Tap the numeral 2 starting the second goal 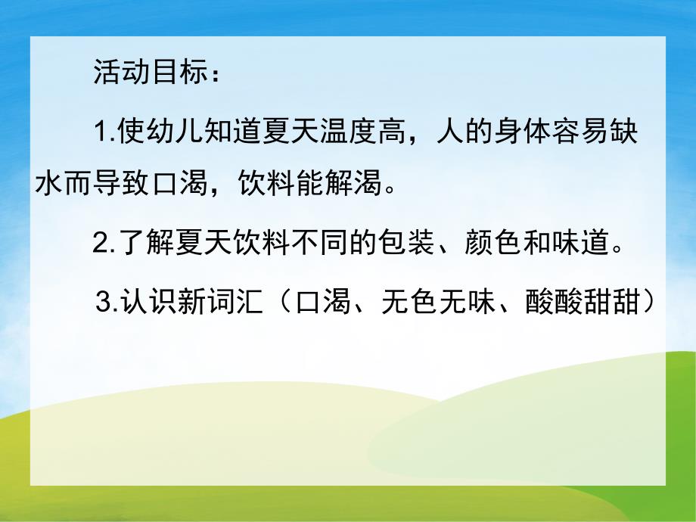(99, 244)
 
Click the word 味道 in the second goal (586, 244)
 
